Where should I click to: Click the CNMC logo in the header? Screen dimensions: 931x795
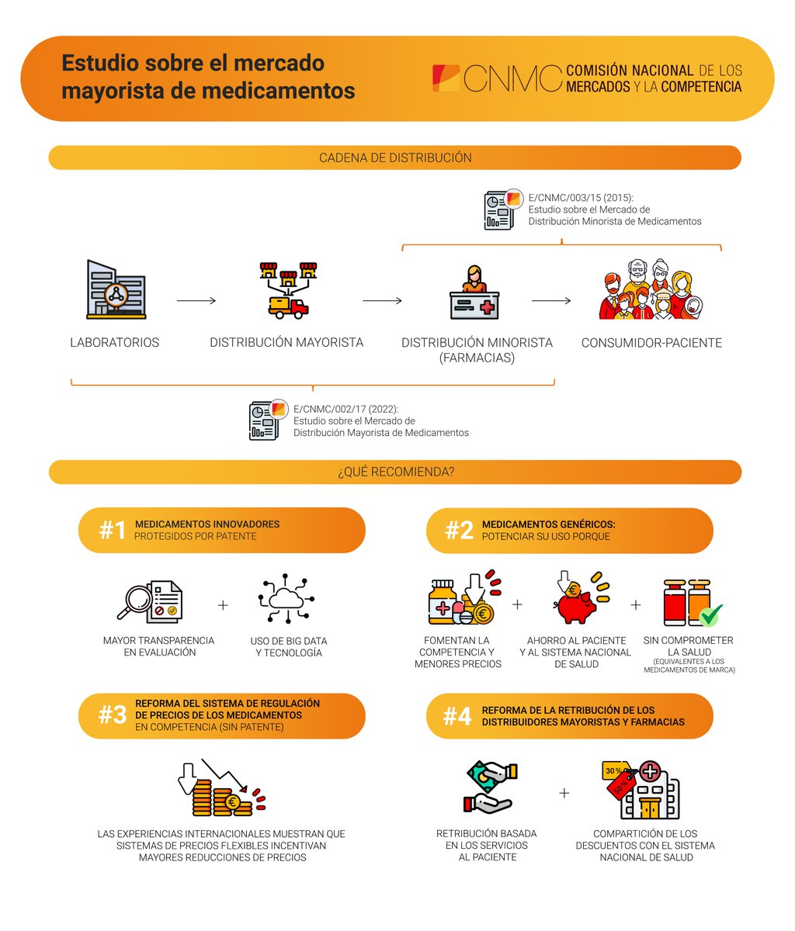pos(497,78)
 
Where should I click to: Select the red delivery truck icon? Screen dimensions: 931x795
pos(287,306)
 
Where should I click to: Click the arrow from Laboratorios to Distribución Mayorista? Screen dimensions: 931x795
pos(196,301)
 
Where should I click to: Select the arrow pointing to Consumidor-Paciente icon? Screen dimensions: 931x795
pos(551,301)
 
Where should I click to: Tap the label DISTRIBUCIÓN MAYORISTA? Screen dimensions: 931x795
pos(286,342)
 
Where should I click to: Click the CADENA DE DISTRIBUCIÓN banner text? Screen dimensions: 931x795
pos(395,157)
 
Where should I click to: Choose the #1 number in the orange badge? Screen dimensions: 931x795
pos(113,531)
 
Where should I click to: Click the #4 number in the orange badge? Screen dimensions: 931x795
pos(457,716)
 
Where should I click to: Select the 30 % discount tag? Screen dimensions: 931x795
pos(614,770)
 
